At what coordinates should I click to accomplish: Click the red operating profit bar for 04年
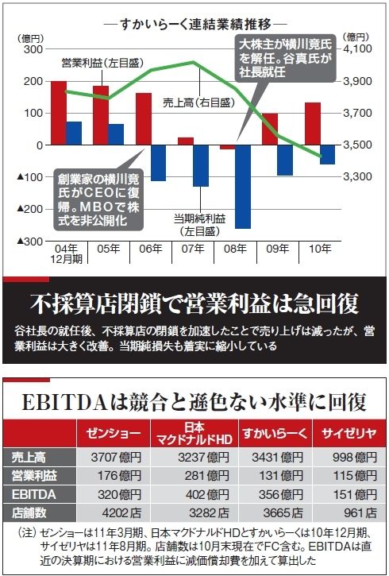(59, 113)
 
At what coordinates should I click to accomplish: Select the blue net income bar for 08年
(243, 187)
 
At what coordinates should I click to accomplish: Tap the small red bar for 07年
(186, 141)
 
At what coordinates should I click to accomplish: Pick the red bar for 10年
(313, 123)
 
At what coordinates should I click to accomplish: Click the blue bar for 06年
(158, 163)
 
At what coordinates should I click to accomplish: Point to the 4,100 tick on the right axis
(357, 48)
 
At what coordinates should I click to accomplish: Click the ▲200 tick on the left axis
(31, 209)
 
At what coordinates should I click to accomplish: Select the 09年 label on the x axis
(278, 249)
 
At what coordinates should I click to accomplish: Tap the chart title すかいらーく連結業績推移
(195, 25)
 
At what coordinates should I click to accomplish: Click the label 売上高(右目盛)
(198, 102)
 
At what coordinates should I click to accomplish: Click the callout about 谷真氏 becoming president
(286, 58)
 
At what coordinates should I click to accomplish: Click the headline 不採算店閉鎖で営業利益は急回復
(194, 303)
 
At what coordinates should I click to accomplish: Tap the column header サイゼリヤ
(349, 433)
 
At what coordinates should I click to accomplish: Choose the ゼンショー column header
(114, 433)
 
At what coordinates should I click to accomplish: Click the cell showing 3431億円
(277, 458)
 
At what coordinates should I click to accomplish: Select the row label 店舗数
(29, 512)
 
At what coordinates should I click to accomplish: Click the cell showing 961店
(360, 512)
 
